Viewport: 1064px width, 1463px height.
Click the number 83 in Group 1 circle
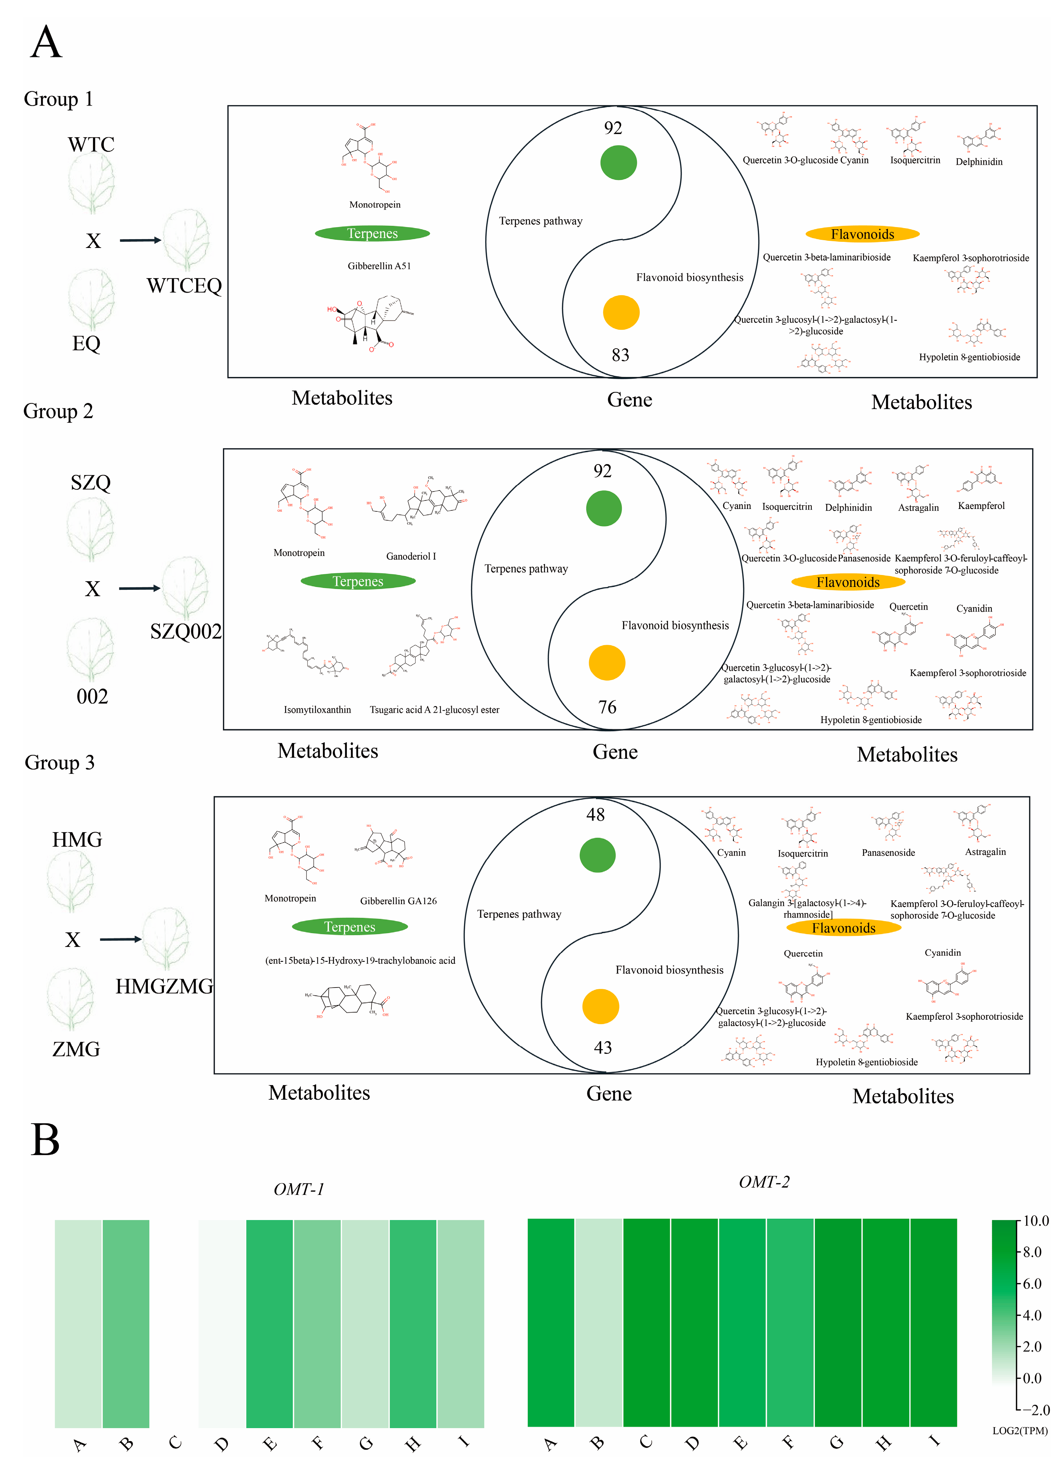(x=620, y=355)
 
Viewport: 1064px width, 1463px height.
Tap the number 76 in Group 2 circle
(x=607, y=707)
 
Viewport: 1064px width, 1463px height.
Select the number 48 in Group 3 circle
(x=596, y=815)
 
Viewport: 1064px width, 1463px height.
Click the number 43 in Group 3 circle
(x=603, y=1048)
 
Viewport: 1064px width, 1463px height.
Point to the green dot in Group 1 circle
(x=618, y=162)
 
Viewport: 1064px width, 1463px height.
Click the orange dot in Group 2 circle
(x=607, y=663)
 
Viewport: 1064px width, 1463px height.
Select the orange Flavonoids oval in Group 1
(x=862, y=234)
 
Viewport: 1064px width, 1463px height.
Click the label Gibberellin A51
(x=379, y=266)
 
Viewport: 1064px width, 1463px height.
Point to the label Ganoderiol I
(x=411, y=556)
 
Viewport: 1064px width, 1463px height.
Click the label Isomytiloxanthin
(x=317, y=709)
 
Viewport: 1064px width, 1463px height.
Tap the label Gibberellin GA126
(x=398, y=901)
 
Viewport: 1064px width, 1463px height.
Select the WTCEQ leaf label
(x=184, y=286)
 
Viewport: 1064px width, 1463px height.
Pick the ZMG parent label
(x=76, y=1049)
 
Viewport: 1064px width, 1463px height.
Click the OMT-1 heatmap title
(x=299, y=1189)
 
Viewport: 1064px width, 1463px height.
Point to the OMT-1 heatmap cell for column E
(x=270, y=1322)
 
